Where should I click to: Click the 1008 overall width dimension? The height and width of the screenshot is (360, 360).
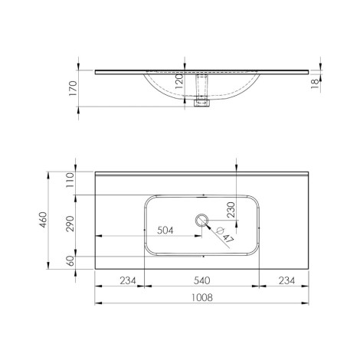point(201,297)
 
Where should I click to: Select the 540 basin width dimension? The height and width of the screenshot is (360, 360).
point(201,280)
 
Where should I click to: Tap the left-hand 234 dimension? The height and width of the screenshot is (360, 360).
point(128,280)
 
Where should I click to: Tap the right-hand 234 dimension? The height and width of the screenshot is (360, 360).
point(286,280)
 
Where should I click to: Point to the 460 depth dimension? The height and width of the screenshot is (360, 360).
point(43,220)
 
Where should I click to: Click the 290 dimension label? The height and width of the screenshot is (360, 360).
point(70,224)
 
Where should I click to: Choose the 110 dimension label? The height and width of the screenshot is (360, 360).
point(70,180)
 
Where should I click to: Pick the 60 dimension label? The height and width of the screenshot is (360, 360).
point(70,260)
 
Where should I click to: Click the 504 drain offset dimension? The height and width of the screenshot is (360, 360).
point(165,231)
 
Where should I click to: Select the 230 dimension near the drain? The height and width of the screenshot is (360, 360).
point(231,210)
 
